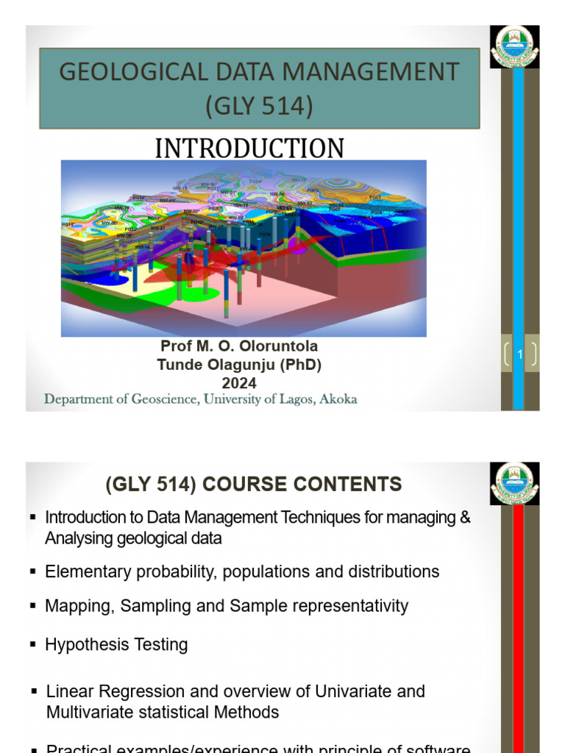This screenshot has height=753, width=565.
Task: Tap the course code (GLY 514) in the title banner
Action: coord(259,106)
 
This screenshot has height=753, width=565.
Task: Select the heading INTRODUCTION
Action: coord(249,148)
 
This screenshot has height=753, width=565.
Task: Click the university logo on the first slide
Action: coord(515,48)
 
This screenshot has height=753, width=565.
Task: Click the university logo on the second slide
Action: coord(515,484)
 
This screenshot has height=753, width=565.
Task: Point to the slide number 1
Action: coord(520,355)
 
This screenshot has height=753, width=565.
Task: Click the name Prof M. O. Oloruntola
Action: coord(240,346)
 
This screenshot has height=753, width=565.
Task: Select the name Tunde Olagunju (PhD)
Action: coord(240,364)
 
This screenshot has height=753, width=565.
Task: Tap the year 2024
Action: coord(240,382)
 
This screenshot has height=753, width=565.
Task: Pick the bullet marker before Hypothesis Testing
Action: coord(33,644)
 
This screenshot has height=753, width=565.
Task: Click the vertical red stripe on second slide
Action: coord(518,625)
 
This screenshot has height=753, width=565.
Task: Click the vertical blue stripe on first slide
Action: coord(518,221)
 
